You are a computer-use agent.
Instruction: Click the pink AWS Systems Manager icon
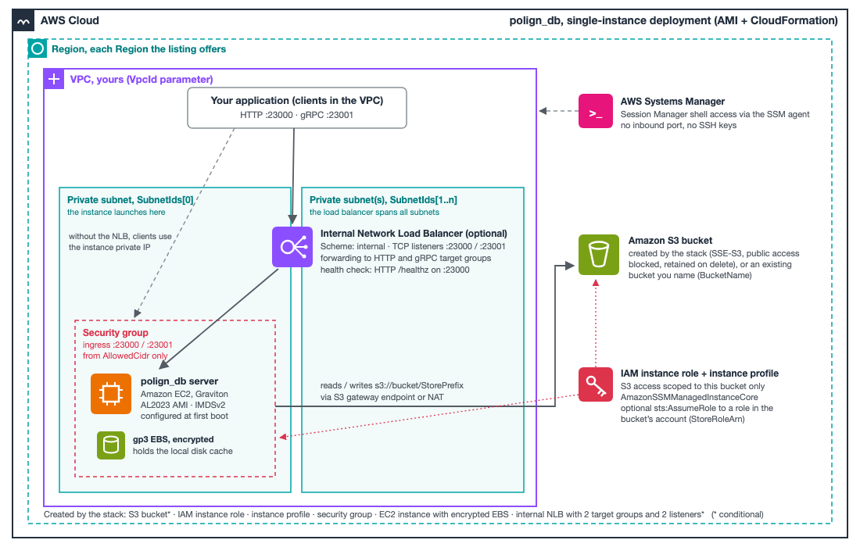596,111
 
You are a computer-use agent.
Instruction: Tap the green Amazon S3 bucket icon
599,255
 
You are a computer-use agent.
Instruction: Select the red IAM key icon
596,384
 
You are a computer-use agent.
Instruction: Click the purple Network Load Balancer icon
292,247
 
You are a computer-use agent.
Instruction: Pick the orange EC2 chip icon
111,394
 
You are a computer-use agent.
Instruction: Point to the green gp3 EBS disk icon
111,445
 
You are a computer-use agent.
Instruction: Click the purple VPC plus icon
54,80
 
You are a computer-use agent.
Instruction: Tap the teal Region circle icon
38,48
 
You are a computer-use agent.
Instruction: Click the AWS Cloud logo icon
23,21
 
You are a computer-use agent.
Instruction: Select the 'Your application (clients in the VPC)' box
297,108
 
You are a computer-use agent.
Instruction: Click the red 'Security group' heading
115,333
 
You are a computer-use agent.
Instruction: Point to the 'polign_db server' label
179,381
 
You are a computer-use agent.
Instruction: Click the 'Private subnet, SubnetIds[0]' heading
131,200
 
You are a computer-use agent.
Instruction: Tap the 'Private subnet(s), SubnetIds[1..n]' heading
383,200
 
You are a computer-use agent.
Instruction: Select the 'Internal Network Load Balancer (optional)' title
414,234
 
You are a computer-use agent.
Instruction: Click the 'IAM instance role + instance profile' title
699,374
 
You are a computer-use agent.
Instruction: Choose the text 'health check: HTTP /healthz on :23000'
395,270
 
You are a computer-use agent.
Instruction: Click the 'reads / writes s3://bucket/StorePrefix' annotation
392,385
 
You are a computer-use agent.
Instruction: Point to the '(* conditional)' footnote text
737,514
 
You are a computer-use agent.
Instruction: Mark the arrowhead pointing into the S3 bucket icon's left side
570,266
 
